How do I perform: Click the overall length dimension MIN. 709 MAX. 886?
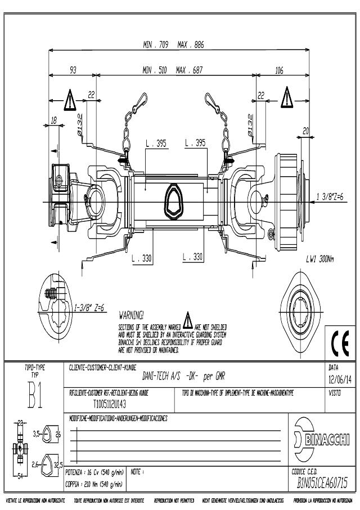click(x=173, y=44)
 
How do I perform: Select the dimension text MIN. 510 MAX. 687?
click(x=173, y=70)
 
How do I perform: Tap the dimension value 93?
click(x=73, y=70)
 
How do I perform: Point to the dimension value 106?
click(x=279, y=70)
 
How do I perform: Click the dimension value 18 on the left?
click(x=54, y=120)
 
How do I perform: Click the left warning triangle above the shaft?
click(x=69, y=101)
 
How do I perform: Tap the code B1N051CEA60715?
click(x=323, y=482)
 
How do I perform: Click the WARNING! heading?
click(x=132, y=314)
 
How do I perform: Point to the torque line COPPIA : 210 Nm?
click(x=94, y=484)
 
